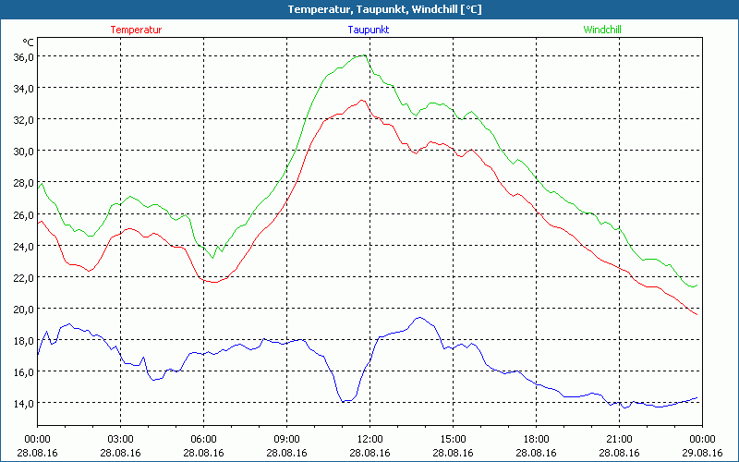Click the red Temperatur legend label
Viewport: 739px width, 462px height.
click(136, 30)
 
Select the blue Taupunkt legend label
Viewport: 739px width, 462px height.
click(369, 30)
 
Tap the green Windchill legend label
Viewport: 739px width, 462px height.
click(601, 30)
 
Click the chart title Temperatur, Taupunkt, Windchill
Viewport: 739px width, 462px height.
click(369, 9)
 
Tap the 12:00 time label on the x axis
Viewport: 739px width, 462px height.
click(369, 439)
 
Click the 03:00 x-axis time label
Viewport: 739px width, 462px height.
click(121, 439)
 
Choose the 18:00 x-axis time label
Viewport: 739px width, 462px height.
click(536, 439)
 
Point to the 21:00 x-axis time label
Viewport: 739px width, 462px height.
click(619, 439)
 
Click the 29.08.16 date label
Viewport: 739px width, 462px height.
click(702, 453)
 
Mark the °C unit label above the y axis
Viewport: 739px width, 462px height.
click(29, 43)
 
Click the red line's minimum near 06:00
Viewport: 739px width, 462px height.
click(213, 282)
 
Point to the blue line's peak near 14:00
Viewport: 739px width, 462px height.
click(420, 317)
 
